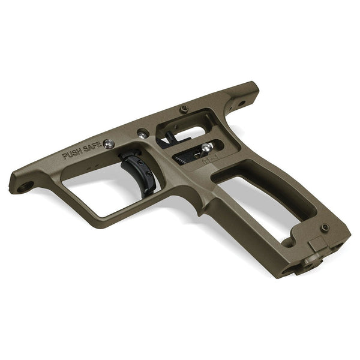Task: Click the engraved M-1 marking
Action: (x=209, y=160)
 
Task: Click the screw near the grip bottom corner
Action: (x=325, y=227)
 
